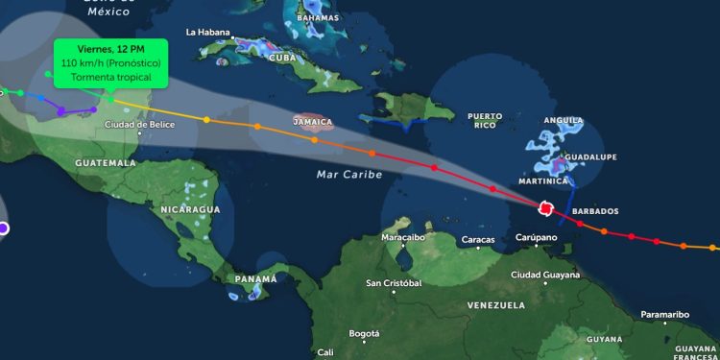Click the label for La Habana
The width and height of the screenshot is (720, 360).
coord(208,32)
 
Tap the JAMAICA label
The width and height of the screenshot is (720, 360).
coord(313,122)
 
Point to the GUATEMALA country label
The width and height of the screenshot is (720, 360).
coord(105,163)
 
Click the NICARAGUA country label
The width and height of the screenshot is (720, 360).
coord(190,209)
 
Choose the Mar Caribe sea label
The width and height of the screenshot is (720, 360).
coord(349,175)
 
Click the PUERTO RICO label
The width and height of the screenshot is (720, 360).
coord(485,120)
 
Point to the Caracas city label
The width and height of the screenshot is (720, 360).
coord(478,239)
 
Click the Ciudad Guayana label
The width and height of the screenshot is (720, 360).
coord(545,275)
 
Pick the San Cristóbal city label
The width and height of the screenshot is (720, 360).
coord(394,283)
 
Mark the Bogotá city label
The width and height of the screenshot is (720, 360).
coord(365,333)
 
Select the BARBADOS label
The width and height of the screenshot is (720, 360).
coord(595,211)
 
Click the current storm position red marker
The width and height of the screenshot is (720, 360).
coord(545,207)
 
